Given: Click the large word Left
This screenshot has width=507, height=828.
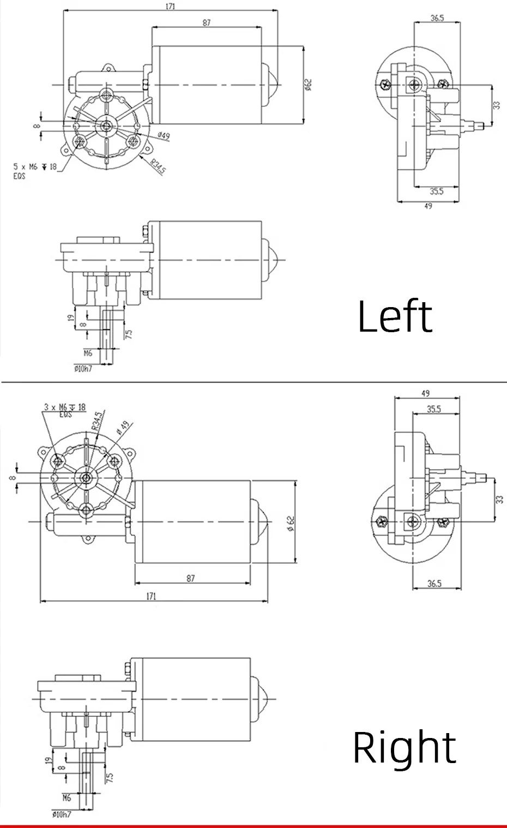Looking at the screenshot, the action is pos(395,316).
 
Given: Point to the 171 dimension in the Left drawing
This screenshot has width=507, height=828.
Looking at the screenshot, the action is pos(170,7).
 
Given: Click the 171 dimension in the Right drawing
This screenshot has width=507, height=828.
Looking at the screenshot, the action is pos(151,596).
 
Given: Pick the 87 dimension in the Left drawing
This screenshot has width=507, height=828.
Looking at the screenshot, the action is pos(207,23).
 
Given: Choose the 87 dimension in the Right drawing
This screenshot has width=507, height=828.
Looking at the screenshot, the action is pos(191,578).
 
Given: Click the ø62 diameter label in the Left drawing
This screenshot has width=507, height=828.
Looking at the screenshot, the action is pos(309,85).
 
